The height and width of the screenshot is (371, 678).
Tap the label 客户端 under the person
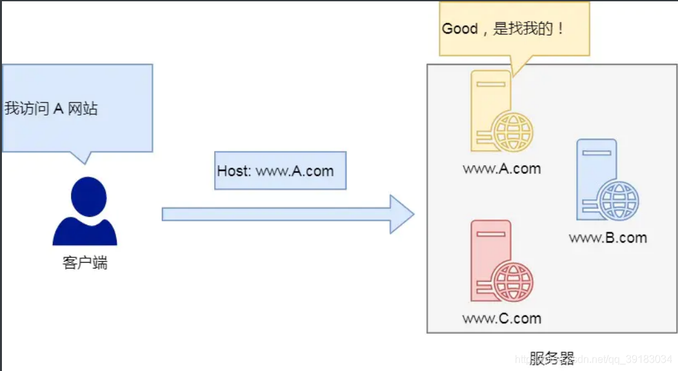pos(85,263)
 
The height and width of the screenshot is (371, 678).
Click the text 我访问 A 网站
pos(51,108)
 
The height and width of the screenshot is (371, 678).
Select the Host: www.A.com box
pos(280,171)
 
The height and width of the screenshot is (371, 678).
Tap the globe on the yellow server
pos(513,132)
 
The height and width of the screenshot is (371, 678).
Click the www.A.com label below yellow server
pos(501,169)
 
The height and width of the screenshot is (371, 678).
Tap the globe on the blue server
pos(619,199)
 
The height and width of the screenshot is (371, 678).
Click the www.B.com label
pos(607,237)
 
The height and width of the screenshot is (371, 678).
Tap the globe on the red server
pos(513,281)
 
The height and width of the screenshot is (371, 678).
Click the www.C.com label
pos(501,318)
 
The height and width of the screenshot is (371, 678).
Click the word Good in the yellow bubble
pos(459,29)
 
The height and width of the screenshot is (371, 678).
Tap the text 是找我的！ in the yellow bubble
pos(529,29)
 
